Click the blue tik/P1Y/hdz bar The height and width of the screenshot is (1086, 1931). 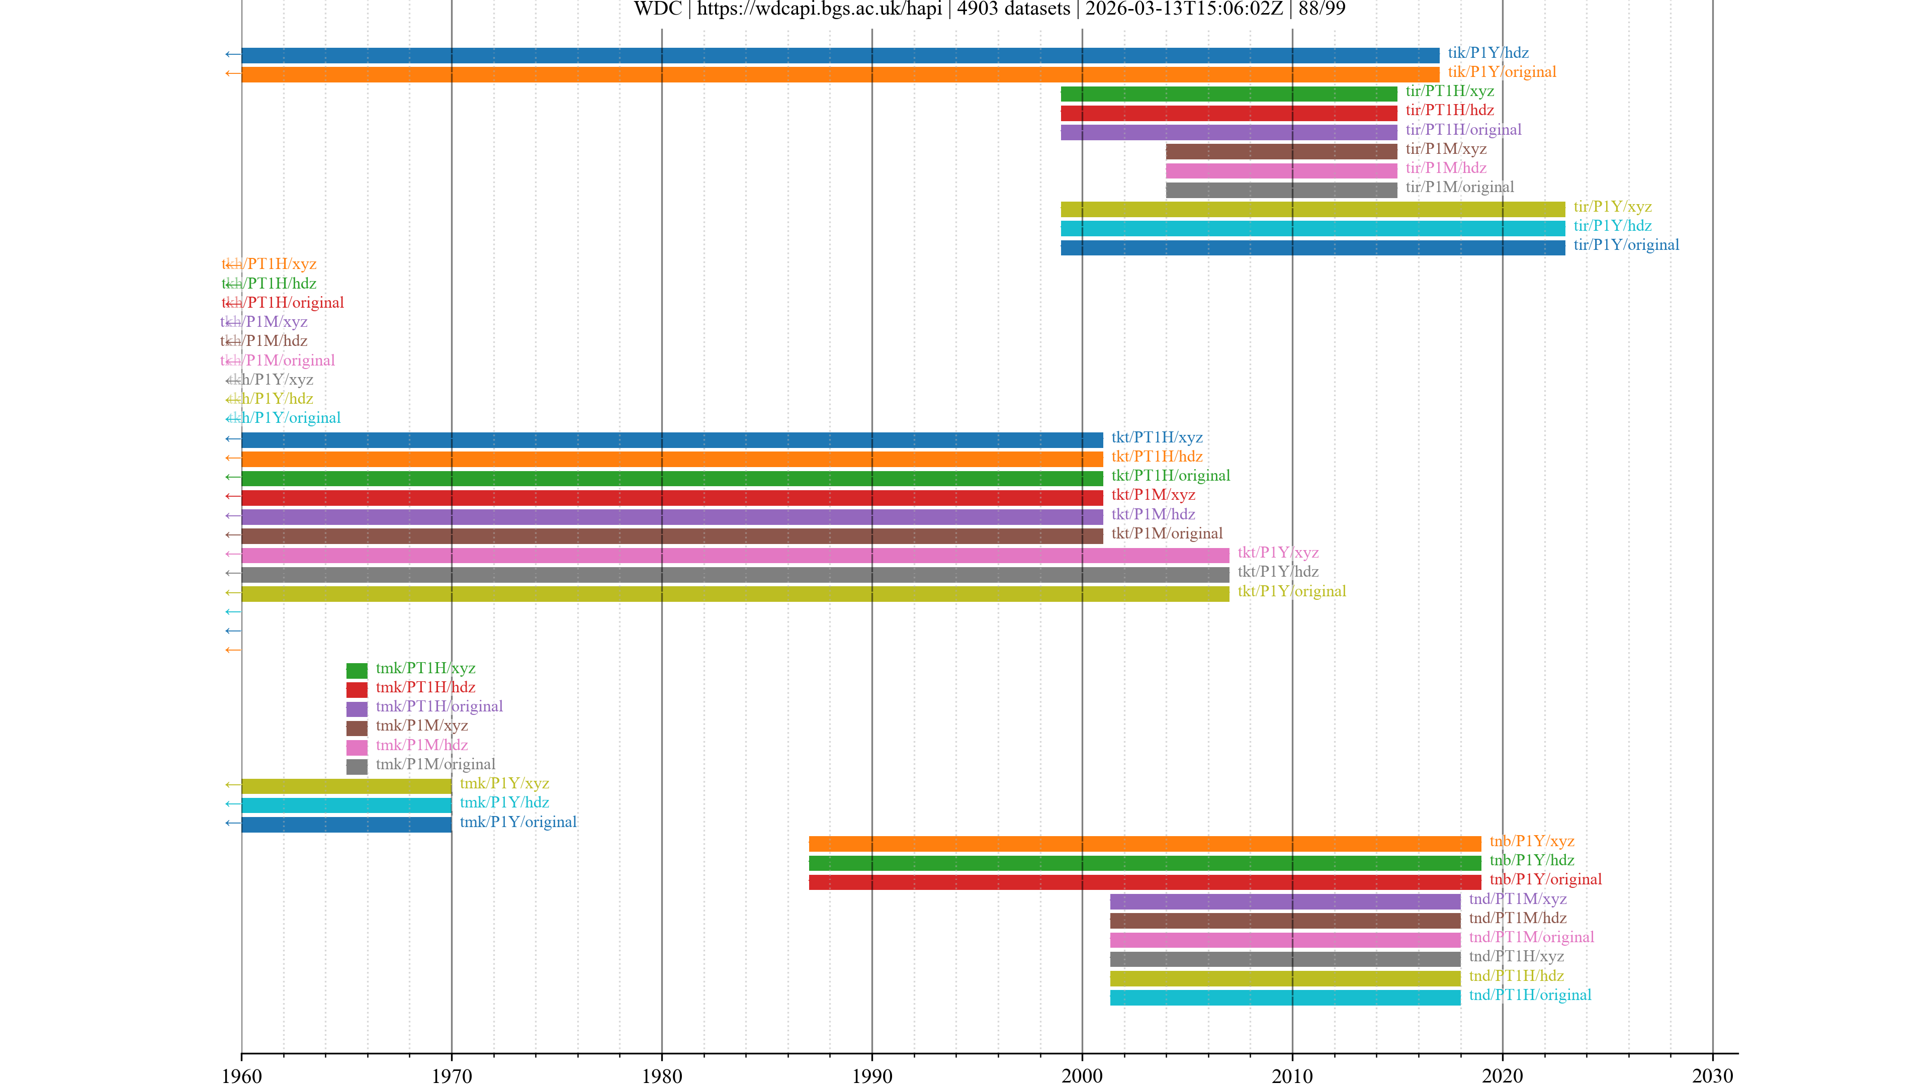(840, 55)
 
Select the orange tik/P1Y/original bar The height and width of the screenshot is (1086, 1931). (840, 74)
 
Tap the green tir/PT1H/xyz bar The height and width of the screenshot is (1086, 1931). (1228, 94)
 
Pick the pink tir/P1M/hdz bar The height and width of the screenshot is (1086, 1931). (1281, 170)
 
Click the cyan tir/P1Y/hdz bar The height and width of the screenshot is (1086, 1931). (1312, 228)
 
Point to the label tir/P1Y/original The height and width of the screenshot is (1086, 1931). (1626, 245)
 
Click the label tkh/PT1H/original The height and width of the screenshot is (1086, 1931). (283, 303)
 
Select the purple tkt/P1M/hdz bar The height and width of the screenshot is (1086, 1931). (672, 516)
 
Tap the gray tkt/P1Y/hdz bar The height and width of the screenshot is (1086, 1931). (735, 574)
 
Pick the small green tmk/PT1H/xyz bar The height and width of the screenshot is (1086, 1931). (357, 670)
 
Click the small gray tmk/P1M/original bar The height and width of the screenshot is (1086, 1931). (357, 766)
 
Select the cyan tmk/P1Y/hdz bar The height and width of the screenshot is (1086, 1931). (346, 805)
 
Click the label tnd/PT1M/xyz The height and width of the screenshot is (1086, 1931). (1517, 898)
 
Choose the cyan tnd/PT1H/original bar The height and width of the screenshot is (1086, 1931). (1285, 997)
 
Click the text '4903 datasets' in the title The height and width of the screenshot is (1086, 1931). (1013, 9)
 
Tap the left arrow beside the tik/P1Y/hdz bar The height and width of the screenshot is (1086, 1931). (232, 54)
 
